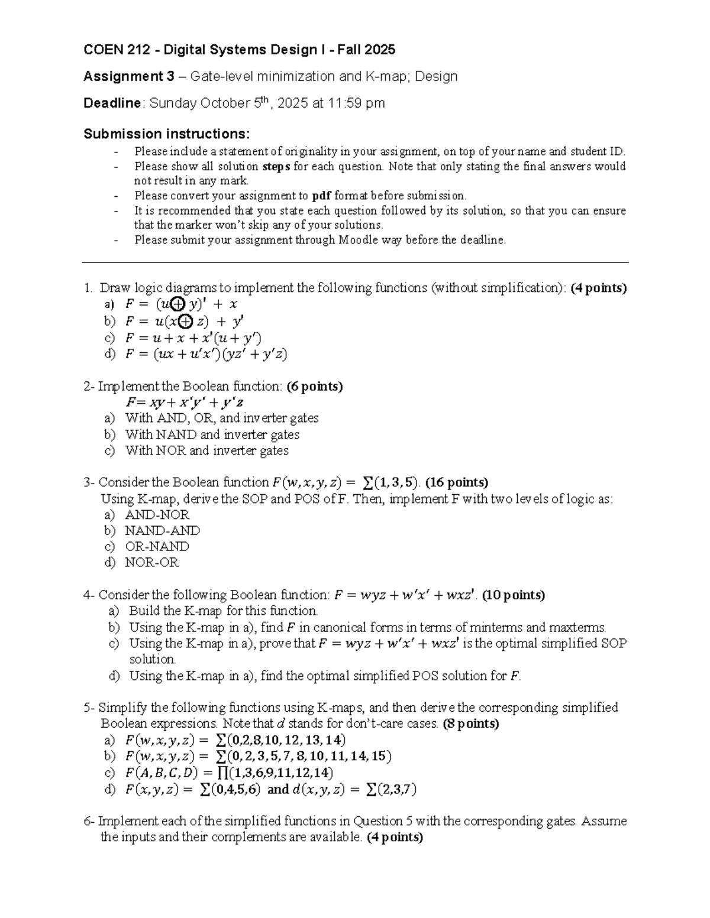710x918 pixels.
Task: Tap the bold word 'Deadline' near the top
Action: pos(112,103)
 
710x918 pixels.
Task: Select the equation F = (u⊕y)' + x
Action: pos(181,304)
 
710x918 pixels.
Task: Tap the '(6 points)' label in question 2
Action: pos(314,387)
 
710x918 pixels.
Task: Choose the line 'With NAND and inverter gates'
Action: pos(212,434)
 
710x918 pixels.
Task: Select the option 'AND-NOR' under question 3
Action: pos(157,515)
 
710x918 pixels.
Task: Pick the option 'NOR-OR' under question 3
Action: pos(151,563)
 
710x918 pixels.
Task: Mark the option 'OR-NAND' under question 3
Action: pos(157,547)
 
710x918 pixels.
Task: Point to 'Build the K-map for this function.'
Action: pos(224,611)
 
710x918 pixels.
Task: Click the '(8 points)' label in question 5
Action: pos(471,724)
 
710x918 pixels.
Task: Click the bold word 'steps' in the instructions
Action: pos(276,167)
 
